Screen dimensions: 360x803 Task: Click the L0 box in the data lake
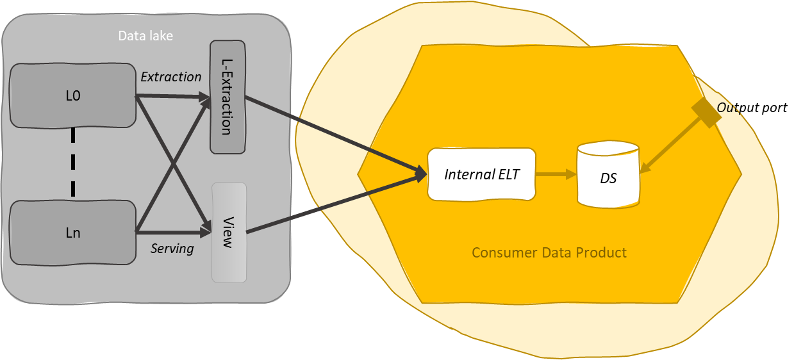tap(73, 96)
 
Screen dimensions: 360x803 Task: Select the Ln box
tap(73, 233)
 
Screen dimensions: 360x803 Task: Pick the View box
tap(229, 232)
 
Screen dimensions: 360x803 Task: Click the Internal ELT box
tap(481, 174)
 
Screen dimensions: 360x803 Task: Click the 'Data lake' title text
tap(145, 36)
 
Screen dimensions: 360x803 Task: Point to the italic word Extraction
tap(170, 77)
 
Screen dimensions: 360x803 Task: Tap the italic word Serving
tap(172, 249)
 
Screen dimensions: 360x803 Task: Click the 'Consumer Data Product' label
tap(549, 252)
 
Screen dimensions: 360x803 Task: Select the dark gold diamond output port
tap(706, 113)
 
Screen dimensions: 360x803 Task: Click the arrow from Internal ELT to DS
tap(555, 174)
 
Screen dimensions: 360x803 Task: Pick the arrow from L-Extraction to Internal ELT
tap(333, 135)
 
